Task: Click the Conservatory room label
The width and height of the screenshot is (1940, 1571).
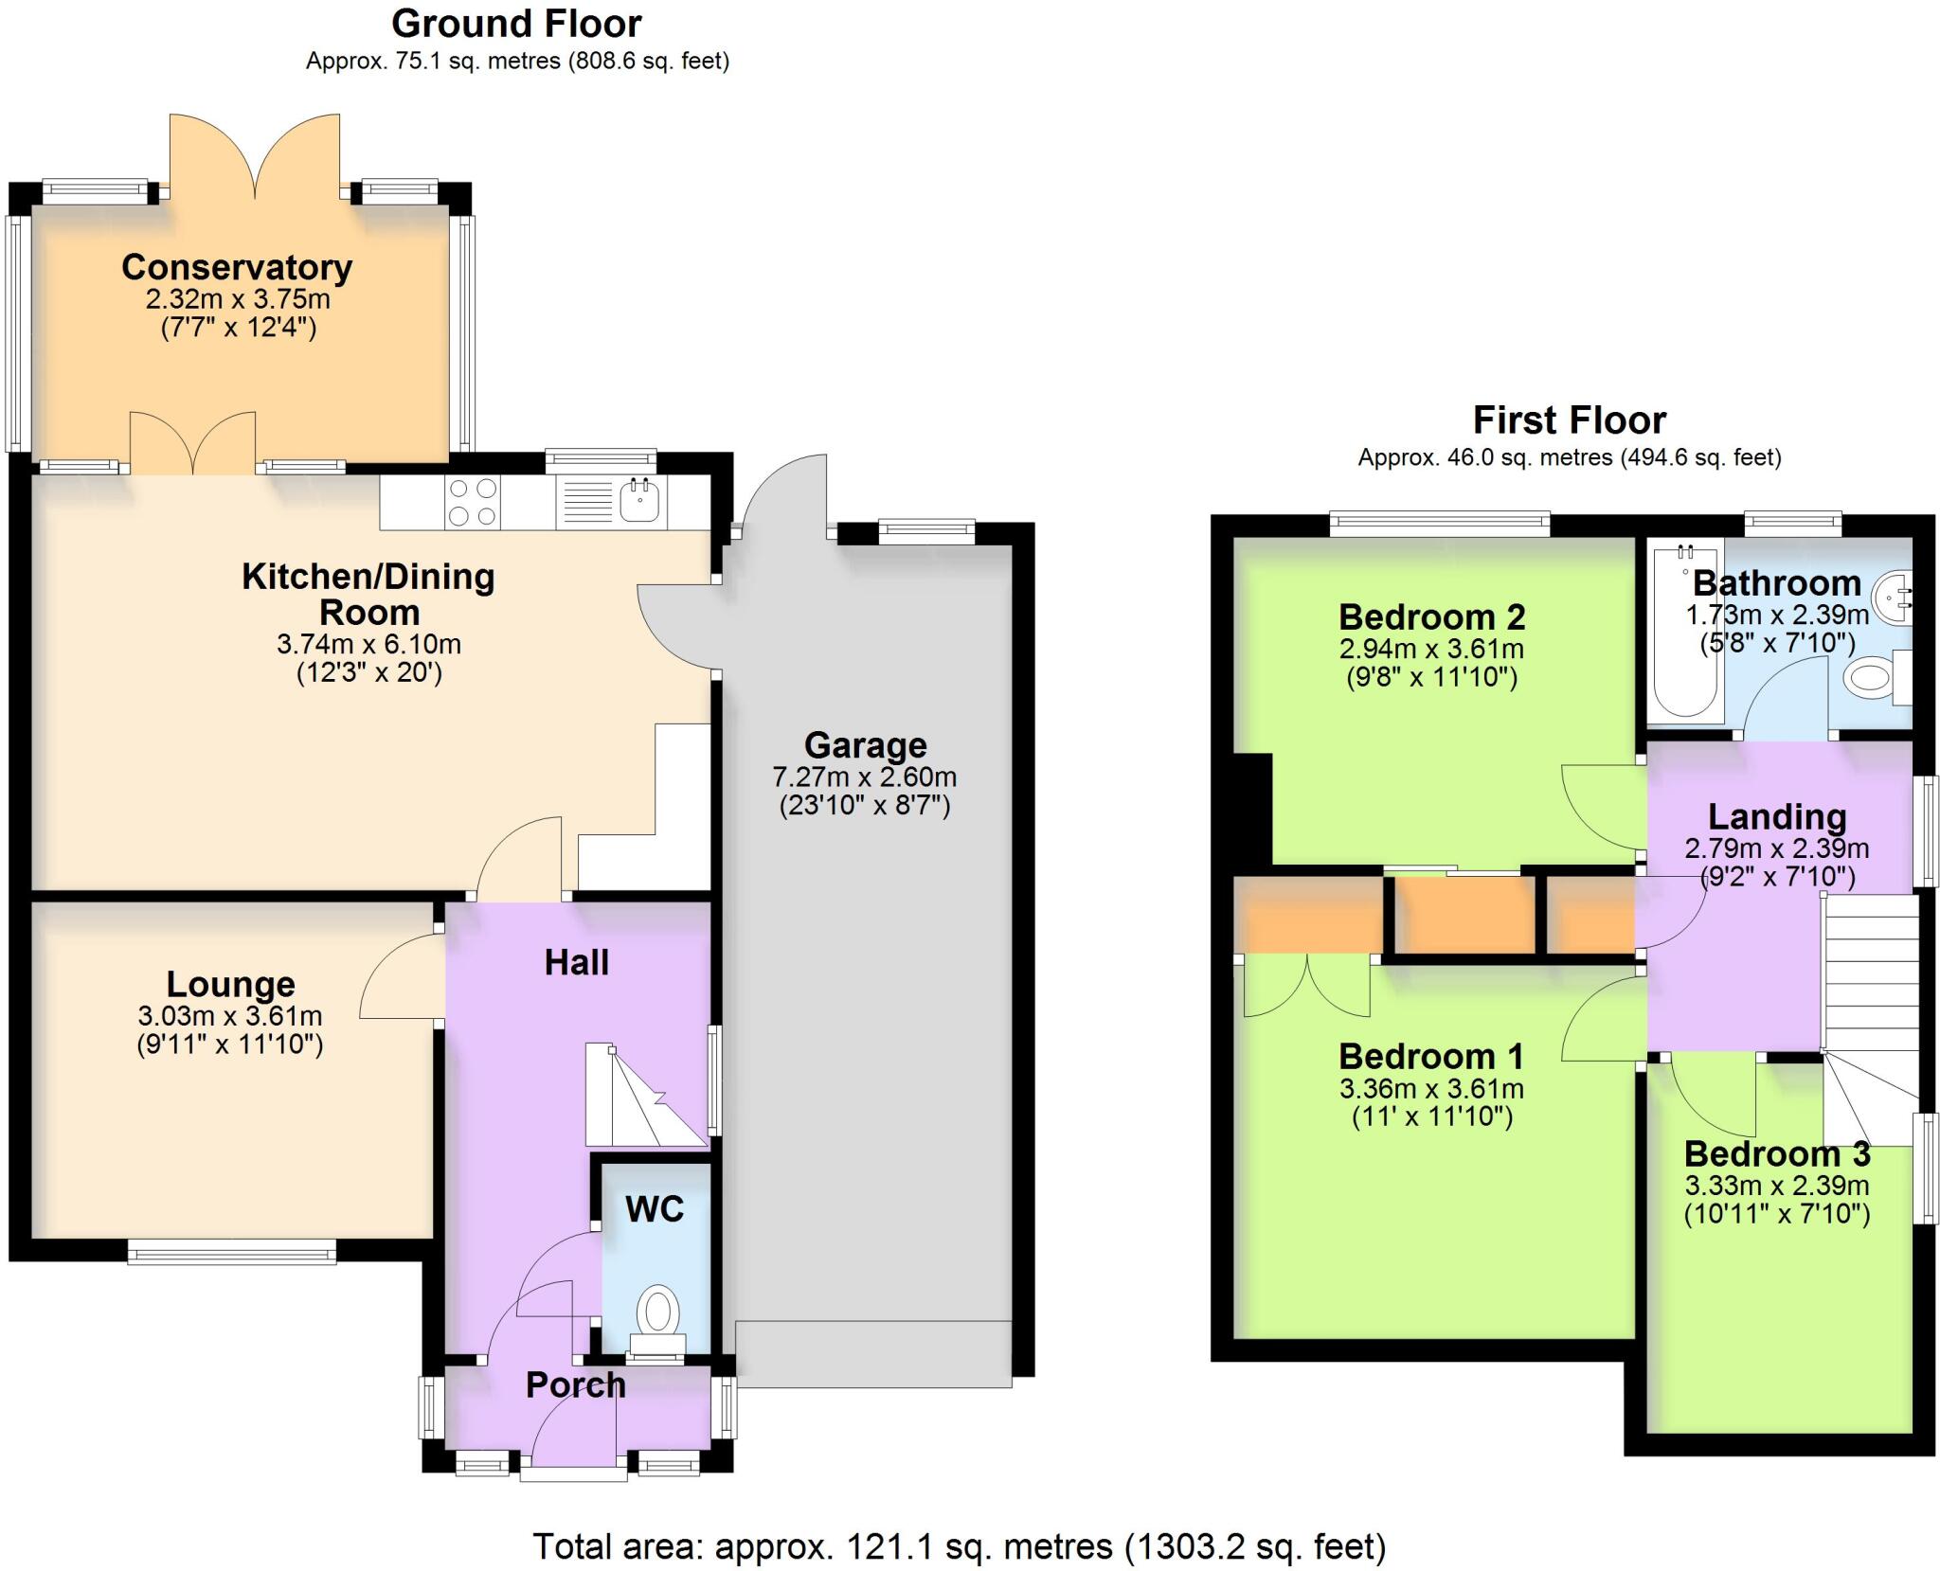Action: (x=237, y=267)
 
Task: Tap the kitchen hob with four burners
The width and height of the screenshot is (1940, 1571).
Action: (x=473, y=502)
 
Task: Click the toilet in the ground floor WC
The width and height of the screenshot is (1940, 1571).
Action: (x=658, y=1312)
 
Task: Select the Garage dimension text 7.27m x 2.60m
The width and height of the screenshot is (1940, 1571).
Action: (x=864, y=777)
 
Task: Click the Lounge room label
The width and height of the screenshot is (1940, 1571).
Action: (x=230, y=985)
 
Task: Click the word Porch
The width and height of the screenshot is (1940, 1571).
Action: (x=576, y=1384)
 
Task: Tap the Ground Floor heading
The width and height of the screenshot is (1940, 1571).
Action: (x=516, y=24)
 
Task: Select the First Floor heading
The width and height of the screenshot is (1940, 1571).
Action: (x=1569, y=420)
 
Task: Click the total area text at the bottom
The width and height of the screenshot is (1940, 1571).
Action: (x=959, y=1546)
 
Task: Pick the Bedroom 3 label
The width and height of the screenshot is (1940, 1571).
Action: (x=1776, y=1153)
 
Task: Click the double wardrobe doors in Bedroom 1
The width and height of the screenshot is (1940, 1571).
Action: (x=1306, y=986)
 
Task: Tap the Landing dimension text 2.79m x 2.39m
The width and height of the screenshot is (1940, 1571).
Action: (x=1776, y=848)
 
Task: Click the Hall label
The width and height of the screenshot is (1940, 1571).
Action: (x=576, y=963)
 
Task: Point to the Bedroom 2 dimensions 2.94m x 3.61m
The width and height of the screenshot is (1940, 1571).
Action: (x=1430, y=649)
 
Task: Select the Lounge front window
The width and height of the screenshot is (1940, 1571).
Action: (x=232, y=1254)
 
